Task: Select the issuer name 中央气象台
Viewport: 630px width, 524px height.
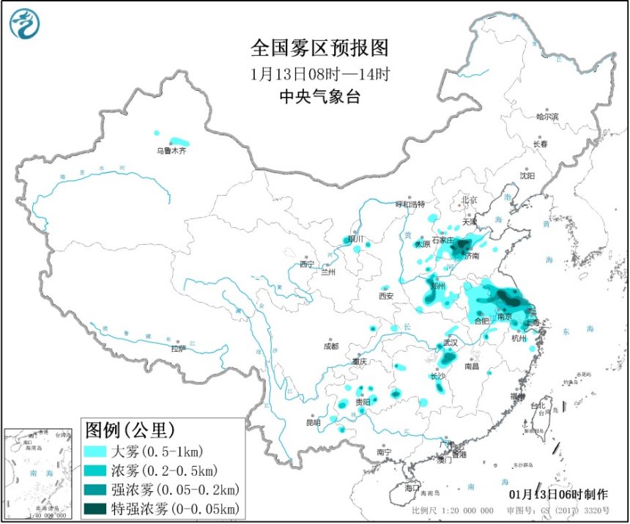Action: pos(319,97)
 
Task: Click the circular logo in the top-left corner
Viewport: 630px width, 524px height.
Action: pos(25,23)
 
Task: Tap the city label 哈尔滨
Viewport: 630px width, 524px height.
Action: pos(546,116)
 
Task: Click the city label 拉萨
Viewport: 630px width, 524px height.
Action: pos(178,349)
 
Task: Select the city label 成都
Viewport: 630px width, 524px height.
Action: pos(331,347)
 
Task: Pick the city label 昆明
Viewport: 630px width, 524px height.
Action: pos(314,422)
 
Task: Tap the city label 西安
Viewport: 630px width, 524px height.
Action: pos(386,296)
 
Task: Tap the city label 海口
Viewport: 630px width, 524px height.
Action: pos(412,487)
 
